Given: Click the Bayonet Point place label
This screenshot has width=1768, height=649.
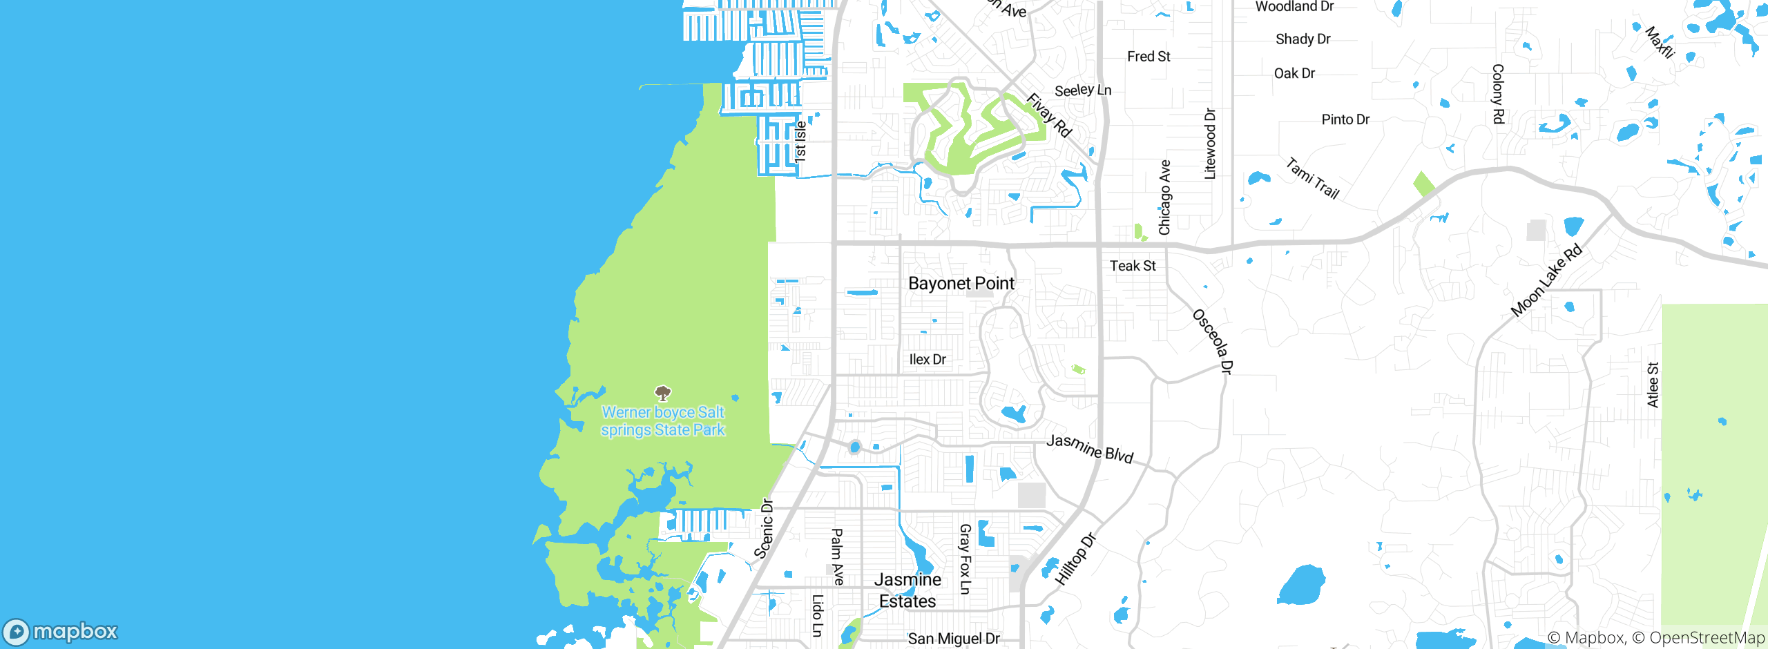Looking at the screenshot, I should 961,283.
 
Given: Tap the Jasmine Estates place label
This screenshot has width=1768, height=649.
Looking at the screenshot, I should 907,590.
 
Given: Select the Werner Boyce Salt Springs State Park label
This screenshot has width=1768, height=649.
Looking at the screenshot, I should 663,421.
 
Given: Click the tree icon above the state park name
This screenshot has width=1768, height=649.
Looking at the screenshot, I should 663,394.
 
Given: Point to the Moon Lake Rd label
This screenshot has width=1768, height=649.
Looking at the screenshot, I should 1546,280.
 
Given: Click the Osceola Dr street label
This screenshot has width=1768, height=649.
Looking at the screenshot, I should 1213,342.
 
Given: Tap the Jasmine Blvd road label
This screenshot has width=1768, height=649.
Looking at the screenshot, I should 1090,448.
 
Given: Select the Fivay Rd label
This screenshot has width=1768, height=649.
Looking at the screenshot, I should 1049,115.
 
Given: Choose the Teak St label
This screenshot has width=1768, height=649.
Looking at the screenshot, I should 1133,266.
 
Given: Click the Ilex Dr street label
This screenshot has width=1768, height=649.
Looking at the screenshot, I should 928,360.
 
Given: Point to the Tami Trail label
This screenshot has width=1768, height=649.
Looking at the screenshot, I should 1312,178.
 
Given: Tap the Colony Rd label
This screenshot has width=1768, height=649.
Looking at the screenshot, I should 1498,94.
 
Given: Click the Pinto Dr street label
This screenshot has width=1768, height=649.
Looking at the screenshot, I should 1345,119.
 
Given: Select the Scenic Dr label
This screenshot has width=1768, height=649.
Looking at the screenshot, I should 764,528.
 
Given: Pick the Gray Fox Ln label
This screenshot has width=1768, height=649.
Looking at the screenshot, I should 965,559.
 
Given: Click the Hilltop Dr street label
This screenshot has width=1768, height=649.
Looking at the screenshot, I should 1075,559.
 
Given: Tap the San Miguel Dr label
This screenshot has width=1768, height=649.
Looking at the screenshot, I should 954,639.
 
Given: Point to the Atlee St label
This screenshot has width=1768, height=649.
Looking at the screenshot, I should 1653,385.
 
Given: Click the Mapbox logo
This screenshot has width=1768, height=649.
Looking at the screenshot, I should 61,632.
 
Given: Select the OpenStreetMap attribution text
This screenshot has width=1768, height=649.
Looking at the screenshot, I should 1707,638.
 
